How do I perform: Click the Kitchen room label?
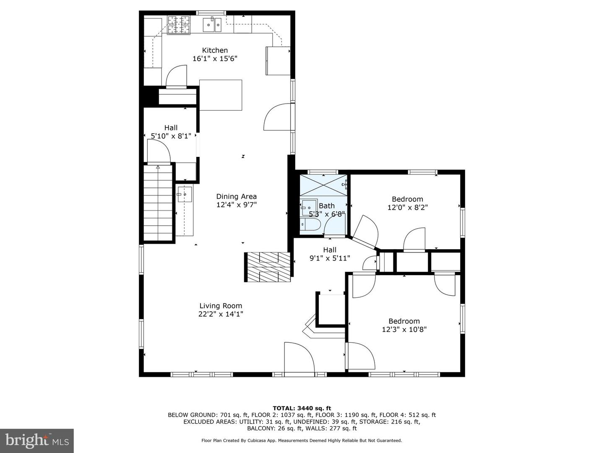click(215, 50)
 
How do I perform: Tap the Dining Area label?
click(237, 196)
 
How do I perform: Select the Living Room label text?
click(221, 306)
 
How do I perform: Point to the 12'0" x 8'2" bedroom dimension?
click(408, 207)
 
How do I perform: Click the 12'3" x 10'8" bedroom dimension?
click(404, 330)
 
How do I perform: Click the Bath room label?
click(327, 206)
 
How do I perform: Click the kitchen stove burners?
click(179, 25)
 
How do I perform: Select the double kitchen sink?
click(212, 25)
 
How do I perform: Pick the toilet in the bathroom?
click(310, 225)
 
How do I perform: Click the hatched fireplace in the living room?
click(268, 267)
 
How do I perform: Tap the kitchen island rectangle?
click(221, 95)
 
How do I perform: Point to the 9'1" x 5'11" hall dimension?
click(330, 258)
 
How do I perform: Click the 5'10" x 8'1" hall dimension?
click(171, 136)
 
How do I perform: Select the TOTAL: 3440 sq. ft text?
click(302, 408)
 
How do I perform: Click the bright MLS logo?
click(37, 441)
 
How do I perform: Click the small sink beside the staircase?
click(185, 194)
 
